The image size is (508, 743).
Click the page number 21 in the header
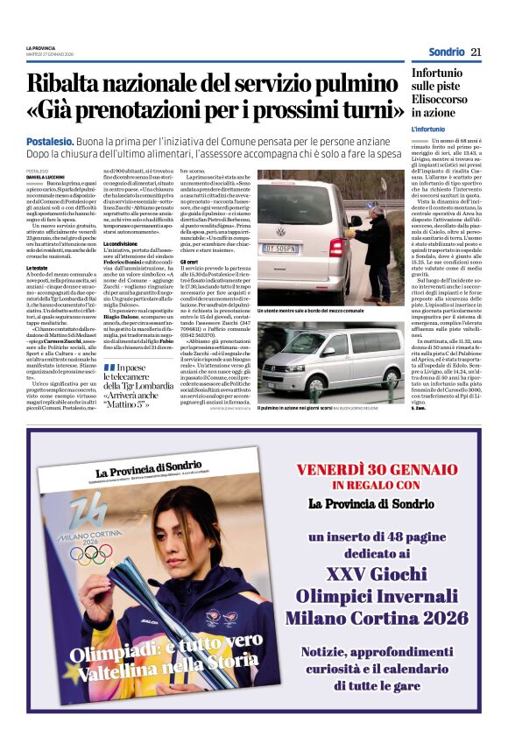pos(476,52)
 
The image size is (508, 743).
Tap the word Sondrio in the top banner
pos(447,52)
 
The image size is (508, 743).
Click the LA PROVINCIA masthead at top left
pos(40,47)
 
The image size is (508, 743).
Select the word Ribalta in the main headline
pos(76,84)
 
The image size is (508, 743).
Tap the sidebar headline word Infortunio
pos(437,74)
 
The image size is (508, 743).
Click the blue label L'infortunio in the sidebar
pos(428,130)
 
